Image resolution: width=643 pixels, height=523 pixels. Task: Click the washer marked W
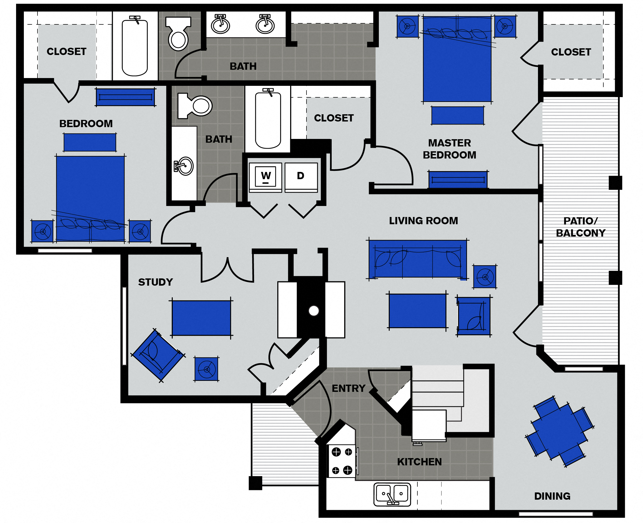(266, 176)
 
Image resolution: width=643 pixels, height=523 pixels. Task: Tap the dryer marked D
(301, 176)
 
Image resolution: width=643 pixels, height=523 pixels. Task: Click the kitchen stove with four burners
(342, 461)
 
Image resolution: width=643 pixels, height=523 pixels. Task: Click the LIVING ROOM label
(423, 221)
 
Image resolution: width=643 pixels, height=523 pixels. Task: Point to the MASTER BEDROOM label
(450, 149)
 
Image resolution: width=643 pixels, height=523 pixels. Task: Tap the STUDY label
(156, 282)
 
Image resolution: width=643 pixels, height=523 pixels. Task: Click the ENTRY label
(349, 388)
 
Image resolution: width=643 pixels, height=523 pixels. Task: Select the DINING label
(552, 496)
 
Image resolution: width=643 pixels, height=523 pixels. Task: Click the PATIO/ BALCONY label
(580, 227)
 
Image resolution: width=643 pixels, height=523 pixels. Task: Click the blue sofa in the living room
(417, 259)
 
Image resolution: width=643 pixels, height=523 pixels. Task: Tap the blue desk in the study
(201, 318)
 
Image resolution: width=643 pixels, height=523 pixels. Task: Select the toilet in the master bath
(178, 33)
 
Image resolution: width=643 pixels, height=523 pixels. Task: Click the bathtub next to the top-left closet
(135, 47)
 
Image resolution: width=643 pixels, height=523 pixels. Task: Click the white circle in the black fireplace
(313, 311)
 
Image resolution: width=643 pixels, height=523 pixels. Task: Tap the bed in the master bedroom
(457, 60)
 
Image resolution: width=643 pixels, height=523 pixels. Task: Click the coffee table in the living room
(417, 311)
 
